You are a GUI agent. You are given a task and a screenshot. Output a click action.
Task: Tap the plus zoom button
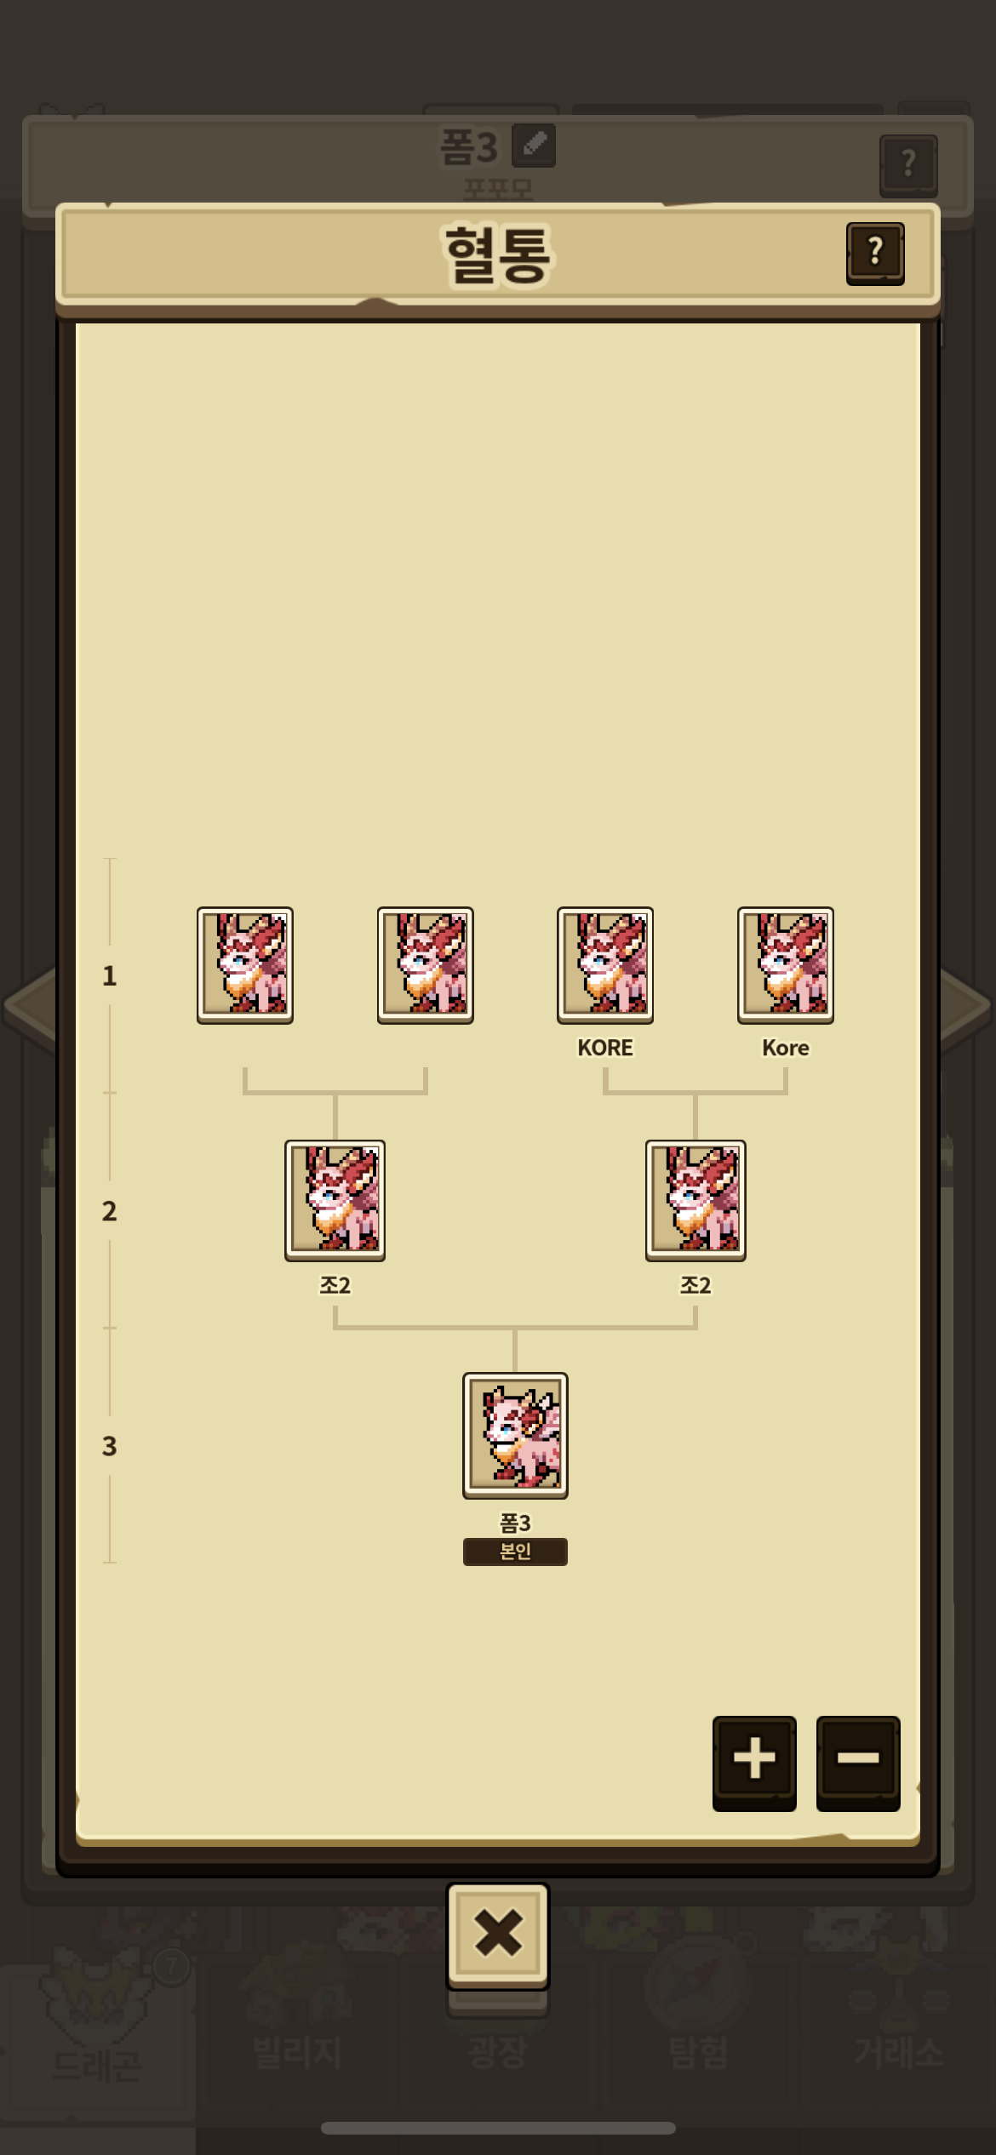click(x=754, y=1758)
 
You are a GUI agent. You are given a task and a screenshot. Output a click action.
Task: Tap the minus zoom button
click(x=858, y=1758)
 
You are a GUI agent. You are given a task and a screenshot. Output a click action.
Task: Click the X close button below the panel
click(x=498, y=1934)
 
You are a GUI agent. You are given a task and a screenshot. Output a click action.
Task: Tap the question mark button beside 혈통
click(x=875, y=252)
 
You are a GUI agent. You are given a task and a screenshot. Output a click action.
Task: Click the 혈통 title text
click(x=498, y=254)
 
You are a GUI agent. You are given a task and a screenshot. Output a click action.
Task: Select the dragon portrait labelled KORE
click(x=605, y=964)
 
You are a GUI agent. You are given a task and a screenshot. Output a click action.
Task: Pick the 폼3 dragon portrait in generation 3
click(x=515, y=1435)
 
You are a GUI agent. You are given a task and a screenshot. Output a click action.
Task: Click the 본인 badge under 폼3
click(x=515, y=1551)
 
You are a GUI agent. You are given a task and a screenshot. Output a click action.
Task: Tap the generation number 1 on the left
click(x=109, y=975)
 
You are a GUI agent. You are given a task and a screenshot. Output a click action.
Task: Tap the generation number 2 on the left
click(x=109, y=1210)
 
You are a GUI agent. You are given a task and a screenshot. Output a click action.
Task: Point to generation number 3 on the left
click(x=109, y=1445)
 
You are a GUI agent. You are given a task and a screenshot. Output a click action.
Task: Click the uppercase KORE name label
click(x=605, y=1048)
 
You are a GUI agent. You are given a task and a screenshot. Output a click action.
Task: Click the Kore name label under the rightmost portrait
click(x=785, y=1048)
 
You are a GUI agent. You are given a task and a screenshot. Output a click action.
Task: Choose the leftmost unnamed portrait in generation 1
click(x=245, y=964)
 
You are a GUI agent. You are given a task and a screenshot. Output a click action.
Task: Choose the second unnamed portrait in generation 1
click(x=426, y=964)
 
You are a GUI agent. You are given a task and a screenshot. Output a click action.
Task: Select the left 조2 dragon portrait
click(x=335, y=1200)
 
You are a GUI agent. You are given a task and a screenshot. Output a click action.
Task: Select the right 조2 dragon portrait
click(x=695, y=1200)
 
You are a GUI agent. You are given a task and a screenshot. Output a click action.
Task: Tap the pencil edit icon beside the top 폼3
click(x=534, y=145)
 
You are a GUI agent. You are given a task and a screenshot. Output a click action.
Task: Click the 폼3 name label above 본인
click(x=515, y=1522)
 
